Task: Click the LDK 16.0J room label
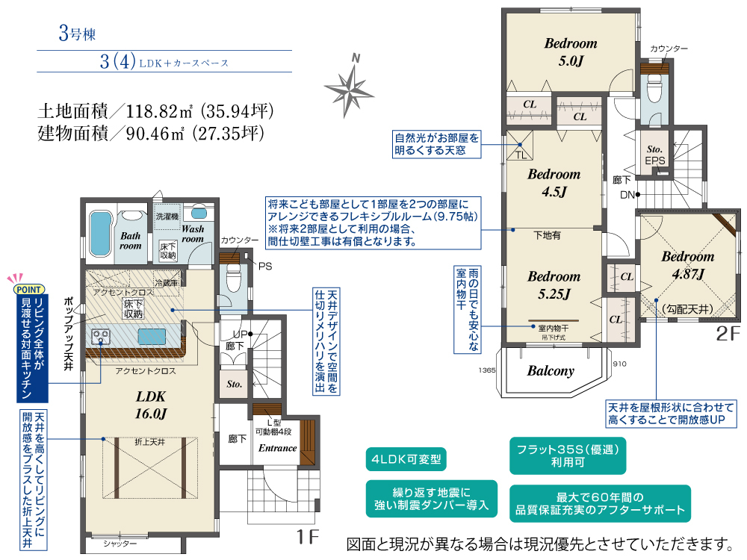[151, 405]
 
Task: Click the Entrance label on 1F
[277, 448]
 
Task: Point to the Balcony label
[551, 371]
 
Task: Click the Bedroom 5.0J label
[571, 52]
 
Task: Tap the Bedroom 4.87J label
[688, 265]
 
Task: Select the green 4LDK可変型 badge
[406, 459]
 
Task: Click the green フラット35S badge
[568, 455]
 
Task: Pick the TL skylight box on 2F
[520, 146]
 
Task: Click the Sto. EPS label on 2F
[654, 155]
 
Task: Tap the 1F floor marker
[307, 537]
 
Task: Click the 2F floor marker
[728, 333]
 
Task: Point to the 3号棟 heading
[77, 34]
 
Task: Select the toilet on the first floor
[233, 277]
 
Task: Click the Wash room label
[193, 234]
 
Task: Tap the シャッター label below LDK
[120, 544]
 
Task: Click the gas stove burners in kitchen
[101, 337]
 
